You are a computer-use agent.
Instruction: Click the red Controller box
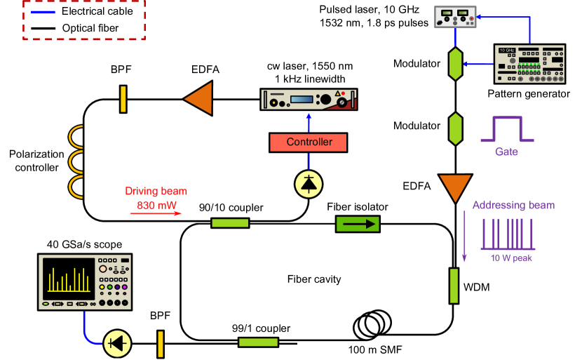[309, 142]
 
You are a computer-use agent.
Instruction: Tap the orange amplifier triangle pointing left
[200, 99]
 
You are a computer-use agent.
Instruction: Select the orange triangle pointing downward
[455, 187]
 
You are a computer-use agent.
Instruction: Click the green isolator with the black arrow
[358, 225]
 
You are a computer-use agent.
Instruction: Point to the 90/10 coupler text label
[231, 208]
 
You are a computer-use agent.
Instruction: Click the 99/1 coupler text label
[261, 328]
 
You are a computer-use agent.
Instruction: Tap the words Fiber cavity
[314, 279]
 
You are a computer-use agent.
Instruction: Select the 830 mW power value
[156, 206]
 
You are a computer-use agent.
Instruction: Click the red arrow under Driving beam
[155, 214]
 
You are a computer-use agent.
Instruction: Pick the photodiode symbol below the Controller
[309, 183]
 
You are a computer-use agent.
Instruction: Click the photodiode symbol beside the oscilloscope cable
[118, 343]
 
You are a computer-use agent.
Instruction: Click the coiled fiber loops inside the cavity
[372, 323]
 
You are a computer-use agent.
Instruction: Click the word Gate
[506, 152]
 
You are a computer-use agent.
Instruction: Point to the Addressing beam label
[513, 206]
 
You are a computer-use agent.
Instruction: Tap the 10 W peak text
[511, 258]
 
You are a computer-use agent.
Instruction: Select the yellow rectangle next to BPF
[161, 344]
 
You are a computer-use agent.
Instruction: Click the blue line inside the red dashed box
[43, 12]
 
